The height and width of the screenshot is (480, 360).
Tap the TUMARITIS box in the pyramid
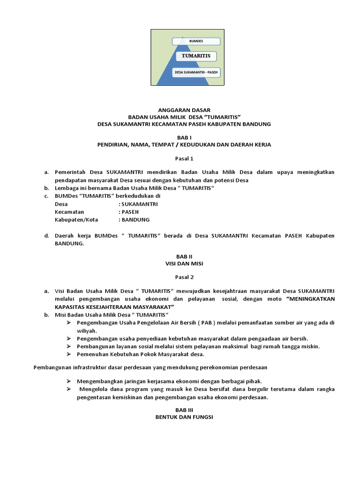(196, 56)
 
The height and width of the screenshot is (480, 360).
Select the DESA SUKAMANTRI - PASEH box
(196, 73)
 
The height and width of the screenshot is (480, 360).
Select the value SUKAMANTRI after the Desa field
(139, 204)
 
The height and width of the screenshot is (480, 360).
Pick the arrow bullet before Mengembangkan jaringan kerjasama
(68, 381)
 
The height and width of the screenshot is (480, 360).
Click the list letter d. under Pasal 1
(47, 236)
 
